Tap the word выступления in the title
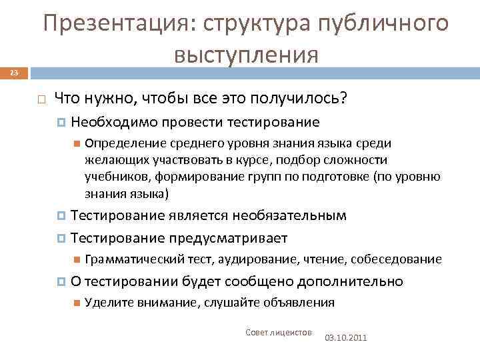tap(246, 55)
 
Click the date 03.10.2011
tap(345, 338)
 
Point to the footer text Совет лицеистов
tap(279, 332)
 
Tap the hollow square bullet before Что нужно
tap(41, 99)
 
